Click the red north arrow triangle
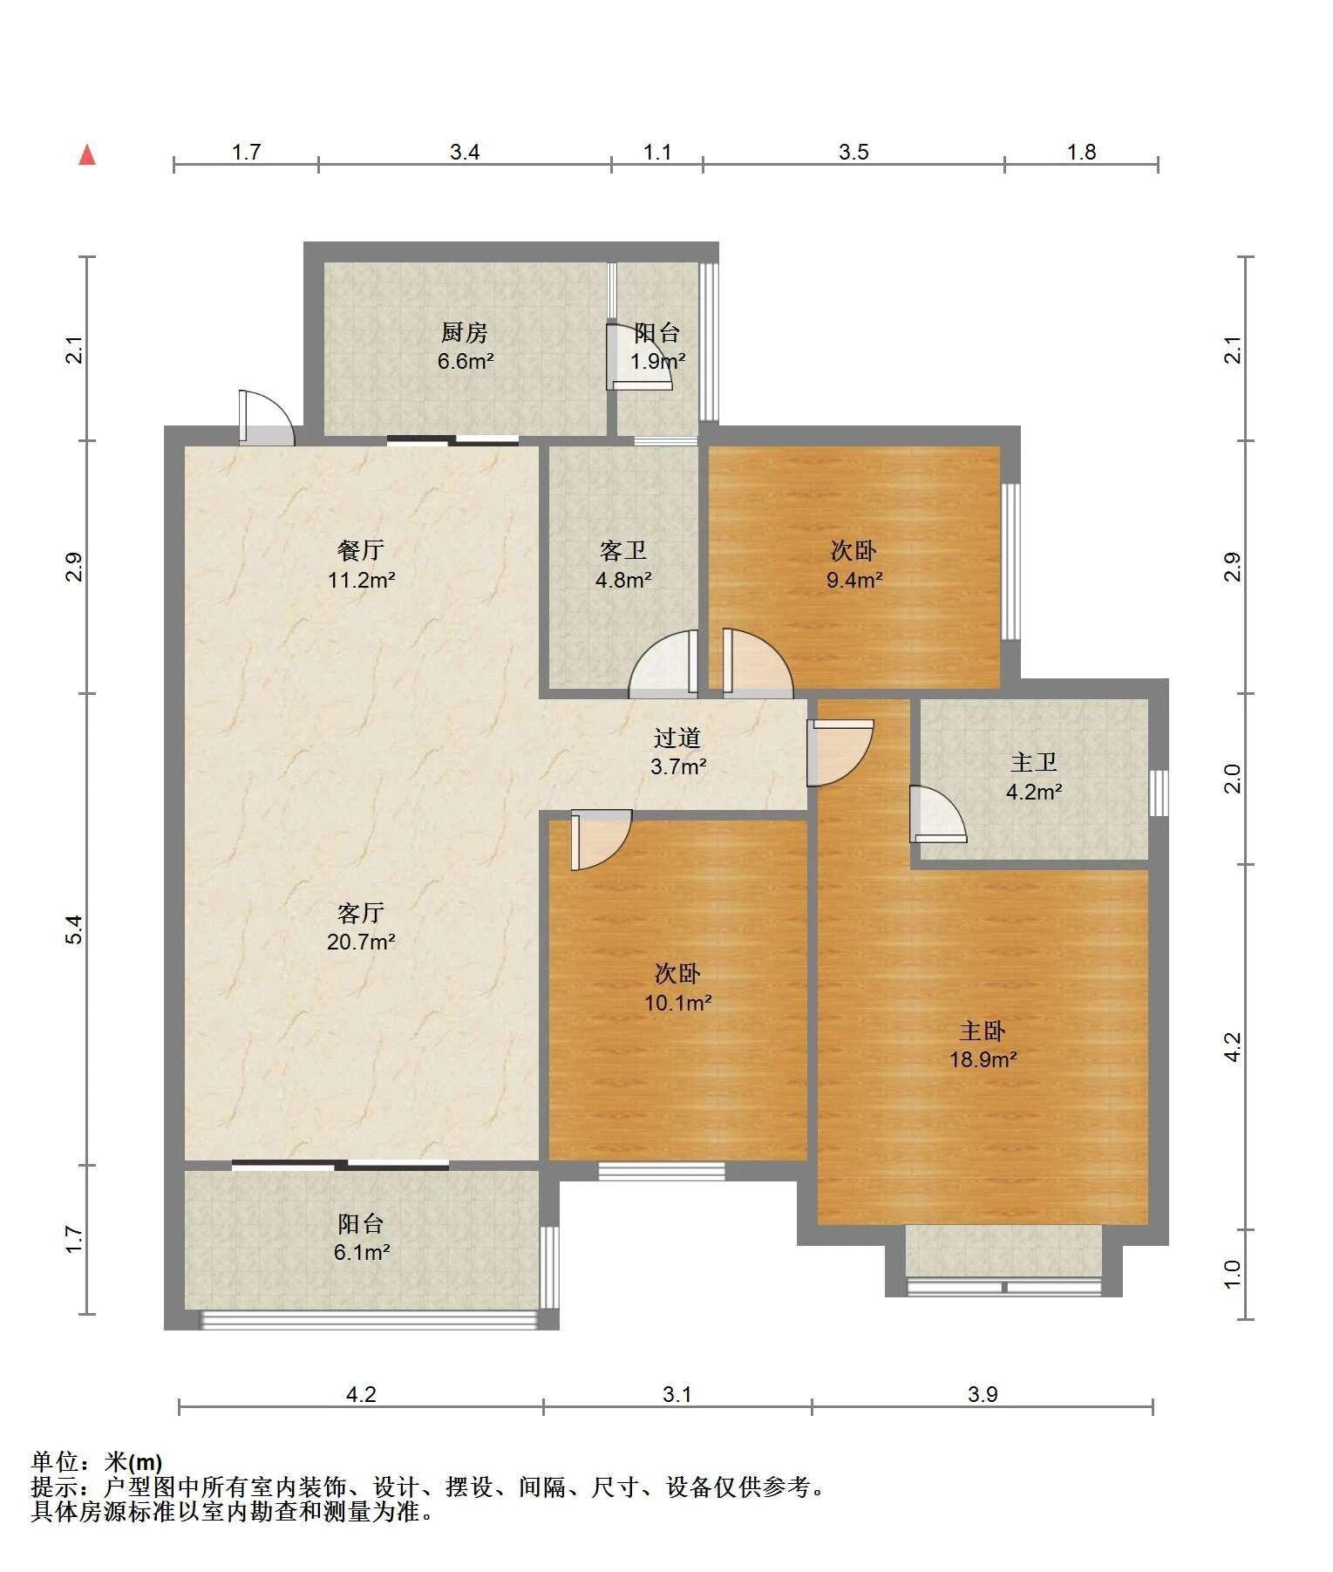(86, 155)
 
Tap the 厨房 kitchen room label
(464, 332)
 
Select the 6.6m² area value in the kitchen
(466, 361)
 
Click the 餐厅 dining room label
(361, 550)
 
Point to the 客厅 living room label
(361, 913)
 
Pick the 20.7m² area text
(361, 942)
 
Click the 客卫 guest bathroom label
(623, 550)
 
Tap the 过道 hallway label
(677, 738)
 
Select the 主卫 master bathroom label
(1034, 763)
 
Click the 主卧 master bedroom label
(983, 1031)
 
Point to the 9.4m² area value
(854, 579)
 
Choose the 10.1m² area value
(678, 1003)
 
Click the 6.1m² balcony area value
(361, 1252)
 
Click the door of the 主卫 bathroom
(937, 814)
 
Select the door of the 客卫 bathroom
(663, 664)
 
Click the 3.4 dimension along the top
(465, 152)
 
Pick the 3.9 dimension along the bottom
(983, 1394)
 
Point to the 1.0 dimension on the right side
(1232, 1274)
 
